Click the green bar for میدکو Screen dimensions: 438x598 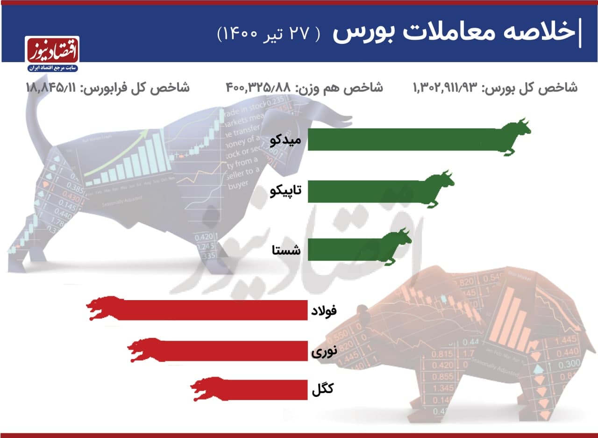[x=402, y=139]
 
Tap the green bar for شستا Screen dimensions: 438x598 [x=346, y=247]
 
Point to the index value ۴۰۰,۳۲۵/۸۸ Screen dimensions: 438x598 [x=258, y=87]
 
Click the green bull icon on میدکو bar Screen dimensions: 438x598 [x=514, y=136]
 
